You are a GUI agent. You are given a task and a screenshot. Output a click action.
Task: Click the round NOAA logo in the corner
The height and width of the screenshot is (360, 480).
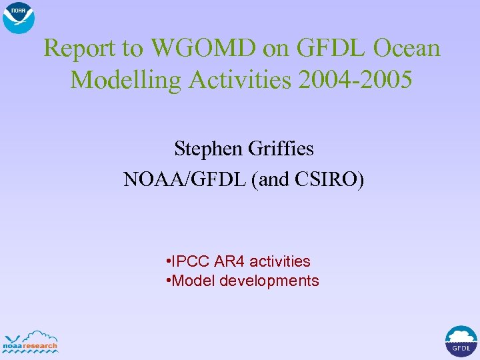[x=19, y=17]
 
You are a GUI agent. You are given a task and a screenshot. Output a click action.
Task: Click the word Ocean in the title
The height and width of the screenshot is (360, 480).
[x=407, y=48]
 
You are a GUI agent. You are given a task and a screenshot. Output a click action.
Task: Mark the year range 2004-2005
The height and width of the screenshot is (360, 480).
[x=357, y=79]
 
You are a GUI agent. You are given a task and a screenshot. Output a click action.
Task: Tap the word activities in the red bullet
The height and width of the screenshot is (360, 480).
[x=279, y=261]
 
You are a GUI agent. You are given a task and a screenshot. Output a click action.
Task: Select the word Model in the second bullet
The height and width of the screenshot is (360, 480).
[x=193, y=281]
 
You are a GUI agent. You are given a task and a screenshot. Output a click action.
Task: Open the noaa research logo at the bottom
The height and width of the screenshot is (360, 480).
[x=31, y=341]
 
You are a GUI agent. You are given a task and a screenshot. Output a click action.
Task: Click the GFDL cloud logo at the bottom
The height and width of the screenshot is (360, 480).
[x=461, y=341]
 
